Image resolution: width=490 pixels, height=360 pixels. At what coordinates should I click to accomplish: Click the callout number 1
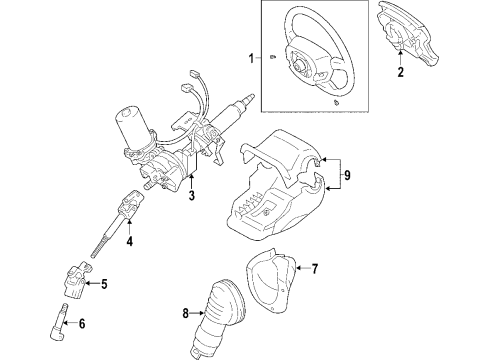251,58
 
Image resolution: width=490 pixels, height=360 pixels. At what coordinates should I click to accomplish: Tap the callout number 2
400,72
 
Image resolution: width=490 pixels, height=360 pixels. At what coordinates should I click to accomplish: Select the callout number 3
191,195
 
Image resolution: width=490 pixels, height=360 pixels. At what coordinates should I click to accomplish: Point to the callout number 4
130,241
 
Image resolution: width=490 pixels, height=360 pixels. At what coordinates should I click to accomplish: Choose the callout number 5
104,284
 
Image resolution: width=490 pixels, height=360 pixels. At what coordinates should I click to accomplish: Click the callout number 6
82,323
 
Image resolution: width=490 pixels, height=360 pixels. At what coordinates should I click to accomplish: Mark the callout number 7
315,268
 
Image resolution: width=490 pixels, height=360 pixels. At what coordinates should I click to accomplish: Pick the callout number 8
186,313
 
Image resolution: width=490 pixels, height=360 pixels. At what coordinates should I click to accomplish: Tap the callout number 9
347,175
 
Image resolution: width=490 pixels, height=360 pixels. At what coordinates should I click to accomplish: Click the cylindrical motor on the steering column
130,125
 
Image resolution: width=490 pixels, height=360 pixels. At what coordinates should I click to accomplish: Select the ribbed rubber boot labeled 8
217,317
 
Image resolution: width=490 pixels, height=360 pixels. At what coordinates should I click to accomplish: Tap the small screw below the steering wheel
336,102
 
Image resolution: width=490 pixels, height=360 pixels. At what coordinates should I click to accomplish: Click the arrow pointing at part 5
93,284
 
